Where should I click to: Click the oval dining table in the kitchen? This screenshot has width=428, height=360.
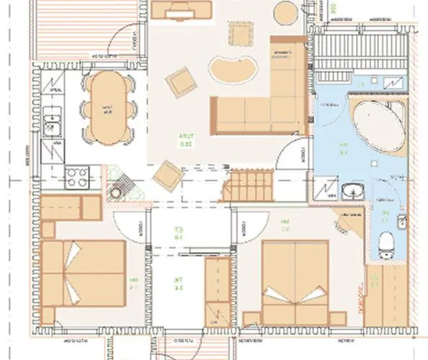pos(107,107)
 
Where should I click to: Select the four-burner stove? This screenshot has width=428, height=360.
pos(76,176)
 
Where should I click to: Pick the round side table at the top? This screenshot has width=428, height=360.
pos(286,12)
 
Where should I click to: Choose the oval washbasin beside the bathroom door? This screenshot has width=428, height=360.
pos(353,192)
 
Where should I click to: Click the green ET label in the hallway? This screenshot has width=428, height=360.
pos(174,233)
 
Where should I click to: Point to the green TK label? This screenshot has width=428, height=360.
pos(174,283)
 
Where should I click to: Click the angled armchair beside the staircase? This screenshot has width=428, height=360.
pos(167,175)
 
